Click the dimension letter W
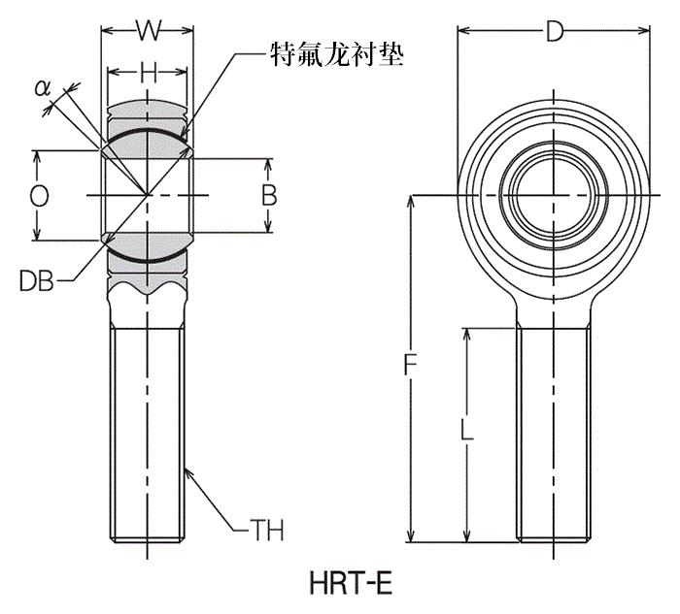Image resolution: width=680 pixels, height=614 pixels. click(x=149, y=30)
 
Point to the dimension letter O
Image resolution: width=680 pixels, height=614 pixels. click(x=39, y=197)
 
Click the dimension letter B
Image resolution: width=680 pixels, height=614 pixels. click(x=269, y=195)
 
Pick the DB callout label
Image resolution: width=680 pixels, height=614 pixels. click(x=37, y=280)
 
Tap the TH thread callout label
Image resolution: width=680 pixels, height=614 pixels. click(x=267, y=530)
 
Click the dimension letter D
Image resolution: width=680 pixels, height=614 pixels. click(x=555, y=32)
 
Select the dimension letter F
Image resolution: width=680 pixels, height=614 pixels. click(x=410, y=365)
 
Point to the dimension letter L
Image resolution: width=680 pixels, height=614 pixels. click(x=466, y=431)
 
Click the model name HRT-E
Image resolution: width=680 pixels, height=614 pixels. click(x=351, y=583)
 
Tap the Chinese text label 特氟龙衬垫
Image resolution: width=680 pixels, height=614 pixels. click(x=337, y=54)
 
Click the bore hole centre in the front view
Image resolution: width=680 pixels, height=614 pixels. click(x=554, y=195)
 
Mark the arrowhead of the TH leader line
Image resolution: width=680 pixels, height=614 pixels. click(x=187, y=472)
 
